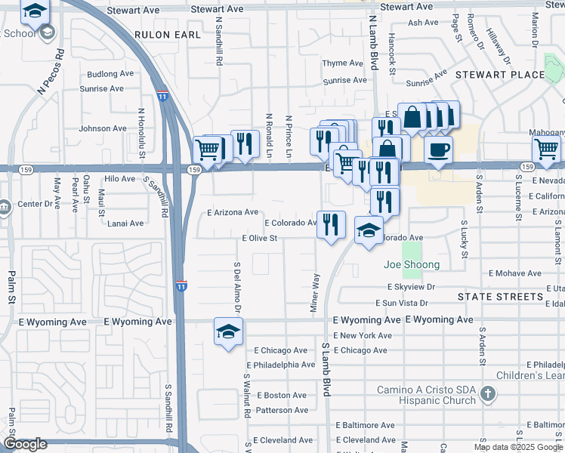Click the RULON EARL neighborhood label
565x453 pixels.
[x=168, y=35]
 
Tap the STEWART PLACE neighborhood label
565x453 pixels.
[x=499, y=74]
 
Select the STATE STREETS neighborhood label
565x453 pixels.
[x=500, y=297]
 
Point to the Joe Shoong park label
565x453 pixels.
[x=412, y=264]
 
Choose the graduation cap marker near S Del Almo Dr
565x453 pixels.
[x=228, y=331]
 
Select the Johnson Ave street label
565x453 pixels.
[x=103, y=128]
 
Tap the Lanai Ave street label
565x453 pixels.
[x=125, y=223]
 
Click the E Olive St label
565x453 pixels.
[x=260, y=238]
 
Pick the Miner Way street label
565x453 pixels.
[x=314, y=290]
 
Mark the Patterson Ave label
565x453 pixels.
[x=282, y=410]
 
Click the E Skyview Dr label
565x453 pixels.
[x=412, y=287]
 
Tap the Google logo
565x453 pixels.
[x=25, y=444]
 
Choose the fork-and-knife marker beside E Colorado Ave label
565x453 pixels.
[x=331, y=224]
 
